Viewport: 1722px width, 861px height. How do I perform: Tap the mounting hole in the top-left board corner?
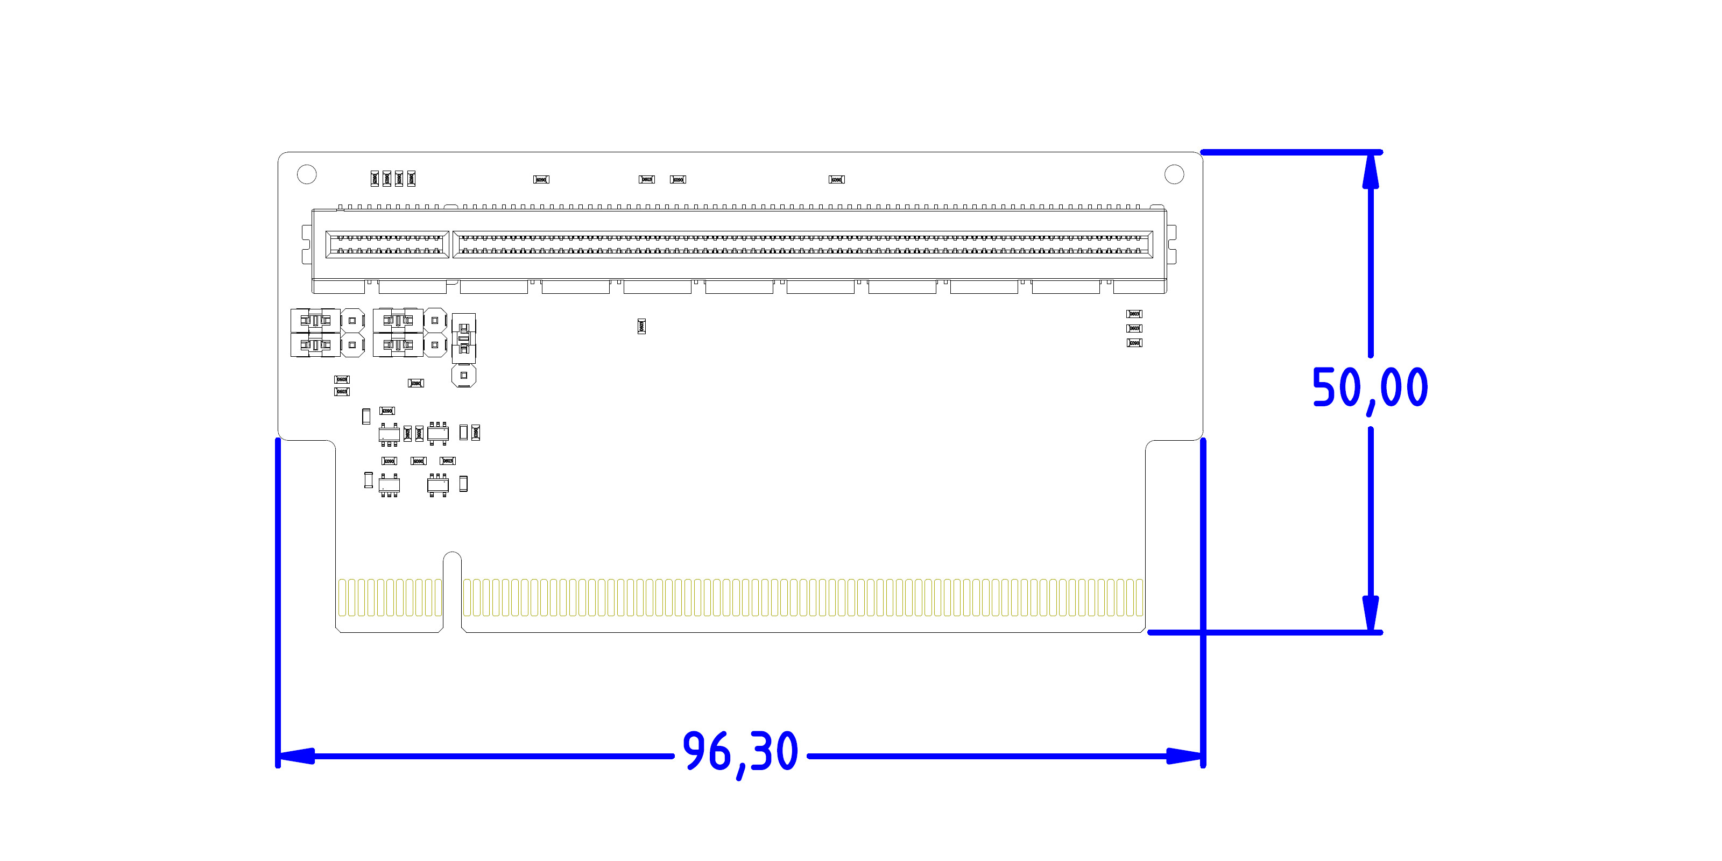tap(306, 174)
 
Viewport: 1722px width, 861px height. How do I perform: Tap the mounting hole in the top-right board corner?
tap(1174, 174)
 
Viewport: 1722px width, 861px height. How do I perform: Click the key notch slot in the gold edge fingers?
tap(453, 591)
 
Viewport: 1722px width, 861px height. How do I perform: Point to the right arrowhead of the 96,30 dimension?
tap(1184, 756)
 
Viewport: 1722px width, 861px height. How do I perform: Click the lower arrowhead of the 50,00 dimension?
tap(1371, 612)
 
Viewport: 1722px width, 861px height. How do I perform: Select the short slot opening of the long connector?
tap(386, 245)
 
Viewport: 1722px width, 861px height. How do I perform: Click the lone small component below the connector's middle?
tap(641, 326)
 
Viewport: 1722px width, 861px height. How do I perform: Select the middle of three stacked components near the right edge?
tap(1134, 328)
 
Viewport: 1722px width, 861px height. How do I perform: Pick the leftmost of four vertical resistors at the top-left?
tap(375, 179)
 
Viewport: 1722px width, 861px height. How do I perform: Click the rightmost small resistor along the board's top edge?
tap(836, 179)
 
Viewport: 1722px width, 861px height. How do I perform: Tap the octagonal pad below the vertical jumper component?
tap(463, 376)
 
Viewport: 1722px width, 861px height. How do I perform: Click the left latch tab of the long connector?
tap(307, 245)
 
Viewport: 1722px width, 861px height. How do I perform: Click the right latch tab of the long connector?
tap(1172, 245)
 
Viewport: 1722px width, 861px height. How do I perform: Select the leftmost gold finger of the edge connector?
tap(342, 597)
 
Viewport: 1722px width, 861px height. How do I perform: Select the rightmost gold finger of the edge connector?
tap(1139, 597)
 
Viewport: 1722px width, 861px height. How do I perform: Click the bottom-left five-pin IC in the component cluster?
tap(389, 485)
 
